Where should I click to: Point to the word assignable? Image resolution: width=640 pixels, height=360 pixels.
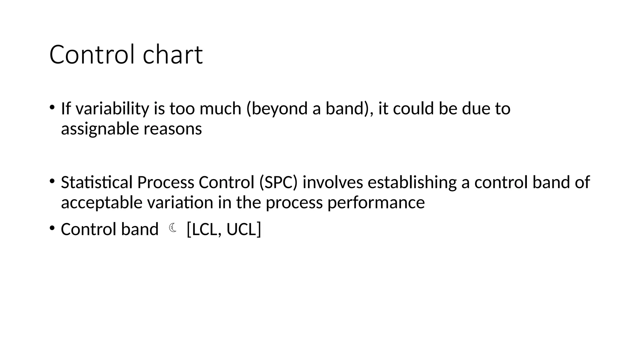tap(100, 129)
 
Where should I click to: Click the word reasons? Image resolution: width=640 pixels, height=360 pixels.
tap(173, 129)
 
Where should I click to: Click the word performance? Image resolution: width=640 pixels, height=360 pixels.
tap(376, 202)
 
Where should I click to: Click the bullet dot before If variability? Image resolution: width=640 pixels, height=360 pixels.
tap(52, 107)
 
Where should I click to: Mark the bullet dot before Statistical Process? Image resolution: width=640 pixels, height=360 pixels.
tap(52, 181)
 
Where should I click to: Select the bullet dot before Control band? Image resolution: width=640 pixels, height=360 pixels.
tap(52, 228)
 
